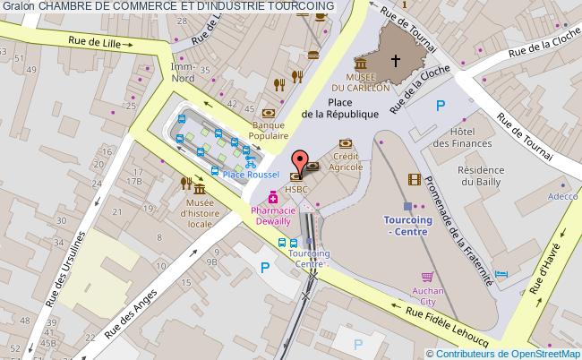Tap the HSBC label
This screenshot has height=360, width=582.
[x=296, y=190]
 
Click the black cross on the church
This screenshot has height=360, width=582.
[x=395, y=61]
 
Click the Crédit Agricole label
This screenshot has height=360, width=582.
[x=345, y=161]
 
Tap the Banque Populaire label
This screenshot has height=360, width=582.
[x=268, y=131]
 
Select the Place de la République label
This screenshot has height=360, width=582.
[x=340, y=108]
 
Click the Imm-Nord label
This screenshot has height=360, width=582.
[x=183, y=71]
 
